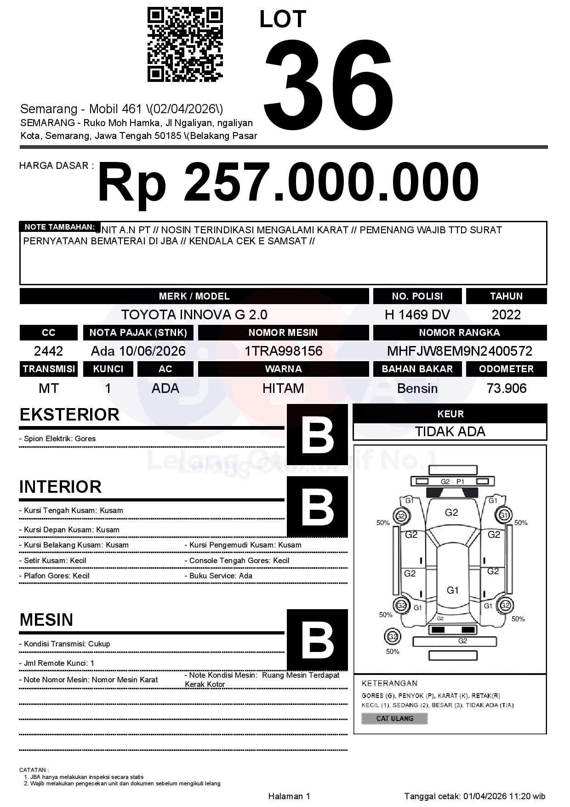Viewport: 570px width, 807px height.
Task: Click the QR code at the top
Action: pos(185,45)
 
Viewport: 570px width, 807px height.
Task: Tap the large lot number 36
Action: pos(329,81)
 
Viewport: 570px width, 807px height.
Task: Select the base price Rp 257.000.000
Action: pos(288,183)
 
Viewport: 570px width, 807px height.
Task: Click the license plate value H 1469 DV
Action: pos(417,315)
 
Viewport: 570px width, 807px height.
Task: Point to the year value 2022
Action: pos(506,315)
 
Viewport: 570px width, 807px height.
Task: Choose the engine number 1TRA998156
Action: pos(283,352)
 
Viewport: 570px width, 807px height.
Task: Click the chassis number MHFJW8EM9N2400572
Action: pos(459,352)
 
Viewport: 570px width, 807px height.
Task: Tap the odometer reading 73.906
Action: pos(506,389)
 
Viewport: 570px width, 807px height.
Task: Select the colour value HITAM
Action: pos(283,389)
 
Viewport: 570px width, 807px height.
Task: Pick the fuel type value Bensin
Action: pos(417,389)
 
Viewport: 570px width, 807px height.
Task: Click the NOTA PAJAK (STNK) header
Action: pos(138,333)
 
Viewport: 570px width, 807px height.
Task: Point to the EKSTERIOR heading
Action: pos(69,415)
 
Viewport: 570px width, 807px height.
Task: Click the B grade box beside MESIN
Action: pos(317,640)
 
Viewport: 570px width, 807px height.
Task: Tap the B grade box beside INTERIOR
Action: pos(317,507)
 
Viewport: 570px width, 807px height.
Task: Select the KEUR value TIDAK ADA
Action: pos(450,432)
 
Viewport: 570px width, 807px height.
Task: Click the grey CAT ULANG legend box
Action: pos(394,718)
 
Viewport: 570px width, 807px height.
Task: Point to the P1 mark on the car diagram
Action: pos(460,481)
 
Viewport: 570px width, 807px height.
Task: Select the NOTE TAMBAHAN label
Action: pos(59,227)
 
